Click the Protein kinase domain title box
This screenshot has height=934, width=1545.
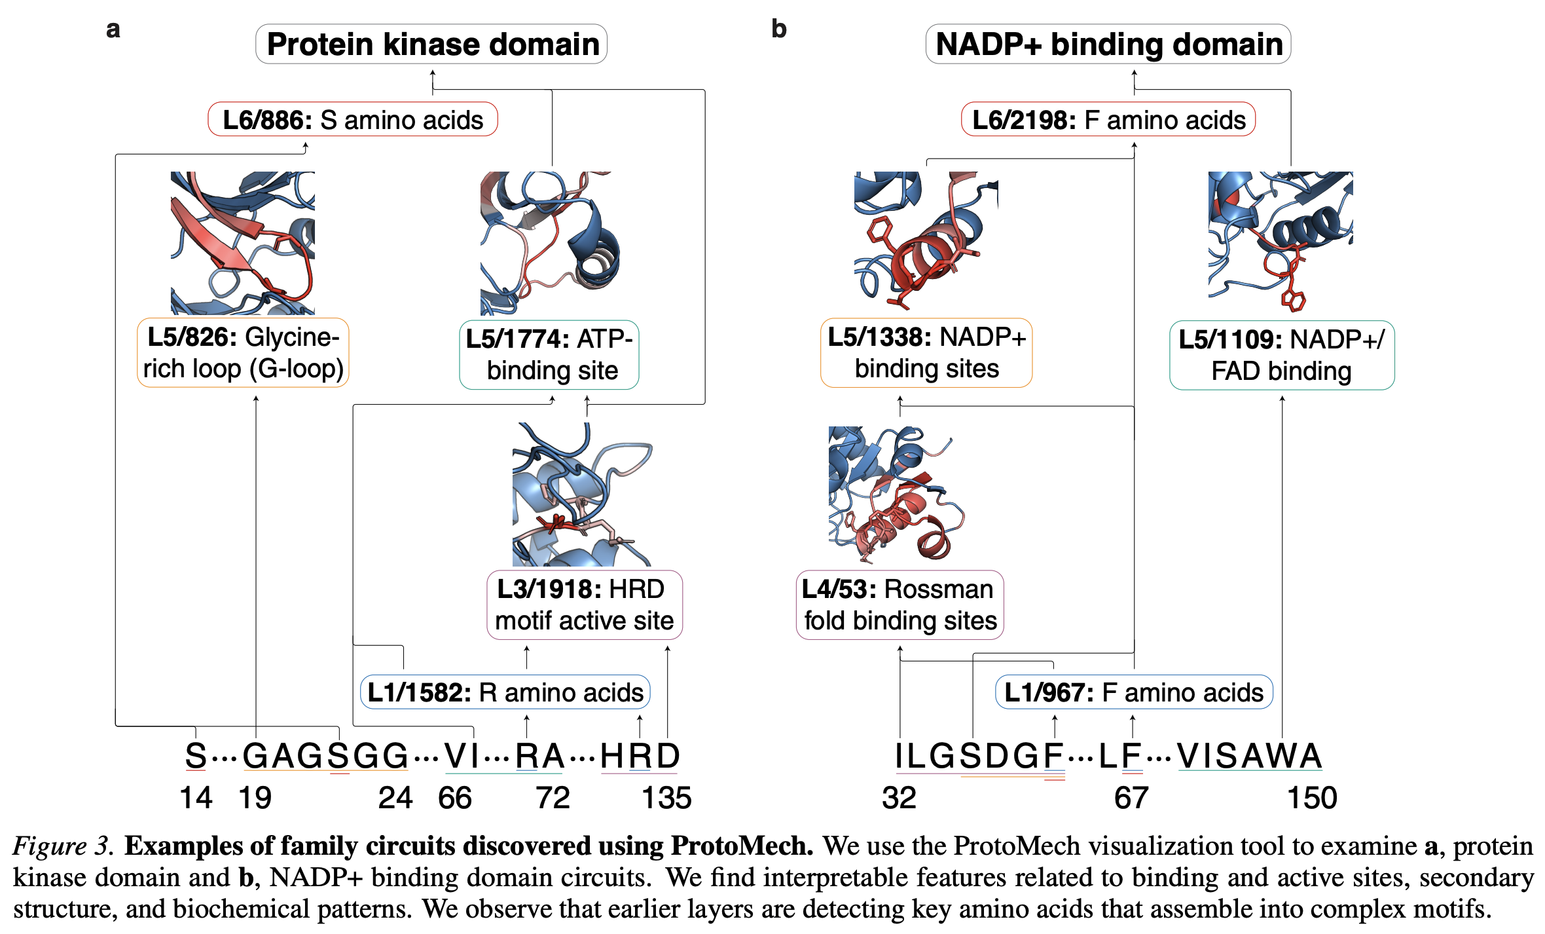click(431, 45)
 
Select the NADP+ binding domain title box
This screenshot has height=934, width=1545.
click(1108, 45)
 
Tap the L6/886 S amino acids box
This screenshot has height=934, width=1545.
click(353, 120)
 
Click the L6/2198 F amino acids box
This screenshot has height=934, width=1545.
click(1108, 120)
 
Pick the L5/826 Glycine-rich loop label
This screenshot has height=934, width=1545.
click(243, 353)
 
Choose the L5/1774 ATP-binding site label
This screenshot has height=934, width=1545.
click(549, 355)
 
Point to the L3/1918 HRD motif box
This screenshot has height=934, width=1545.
click(584, 605)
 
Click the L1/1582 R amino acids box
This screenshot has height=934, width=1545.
click(505, 692)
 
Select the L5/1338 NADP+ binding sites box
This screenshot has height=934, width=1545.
click(926, 353)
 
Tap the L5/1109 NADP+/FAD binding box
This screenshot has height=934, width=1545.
click(1281, 355)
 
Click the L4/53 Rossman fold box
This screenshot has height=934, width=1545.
click(900, 605)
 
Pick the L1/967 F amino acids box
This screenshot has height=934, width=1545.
click(1133, 692)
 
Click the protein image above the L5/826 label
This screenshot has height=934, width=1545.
click(243, 243)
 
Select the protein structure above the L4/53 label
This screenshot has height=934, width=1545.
click(896, 495)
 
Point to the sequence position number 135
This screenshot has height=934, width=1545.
click(666, 798)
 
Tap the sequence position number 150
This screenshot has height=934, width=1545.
click(1311, 798)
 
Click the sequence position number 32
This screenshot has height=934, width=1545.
click(899, 798)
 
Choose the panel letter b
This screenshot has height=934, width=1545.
click(778, 29)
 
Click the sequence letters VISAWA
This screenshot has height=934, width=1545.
click(1249, 756)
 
